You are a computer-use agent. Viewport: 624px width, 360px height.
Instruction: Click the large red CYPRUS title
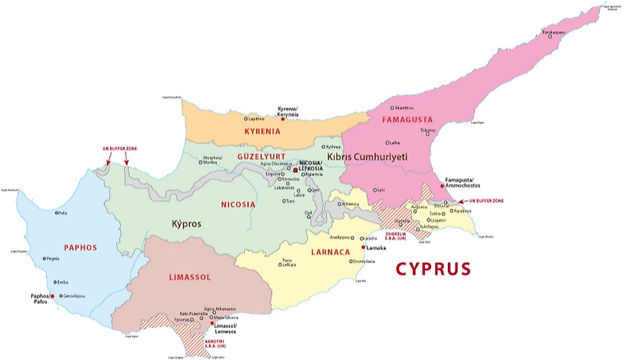click(433, 269)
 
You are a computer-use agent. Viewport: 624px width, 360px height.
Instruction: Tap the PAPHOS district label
click(81, 247)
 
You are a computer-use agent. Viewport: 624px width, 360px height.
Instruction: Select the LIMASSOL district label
click(190, 277)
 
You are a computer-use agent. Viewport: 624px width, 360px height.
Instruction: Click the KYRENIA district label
click(262, 132)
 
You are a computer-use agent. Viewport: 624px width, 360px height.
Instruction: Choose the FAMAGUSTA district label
click(407, 120)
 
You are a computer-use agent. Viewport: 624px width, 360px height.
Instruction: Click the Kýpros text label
click(186, 224)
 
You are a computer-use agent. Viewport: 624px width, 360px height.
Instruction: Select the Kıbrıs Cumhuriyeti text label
click(367, 157)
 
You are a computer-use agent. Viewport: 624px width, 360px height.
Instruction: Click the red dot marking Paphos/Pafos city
click(51, 296)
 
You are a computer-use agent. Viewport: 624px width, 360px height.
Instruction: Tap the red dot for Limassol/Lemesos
click(212, 323)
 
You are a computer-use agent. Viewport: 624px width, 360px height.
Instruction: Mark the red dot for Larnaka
click(362, 248)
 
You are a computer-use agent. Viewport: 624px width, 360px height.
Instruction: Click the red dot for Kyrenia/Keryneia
click(283, 119)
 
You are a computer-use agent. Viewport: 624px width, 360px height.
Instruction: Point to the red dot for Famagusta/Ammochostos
click(442, 186)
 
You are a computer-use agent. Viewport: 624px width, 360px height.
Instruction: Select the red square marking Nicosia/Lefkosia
click(295, 170)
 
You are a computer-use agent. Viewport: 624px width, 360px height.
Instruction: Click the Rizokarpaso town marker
click(550, 36)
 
